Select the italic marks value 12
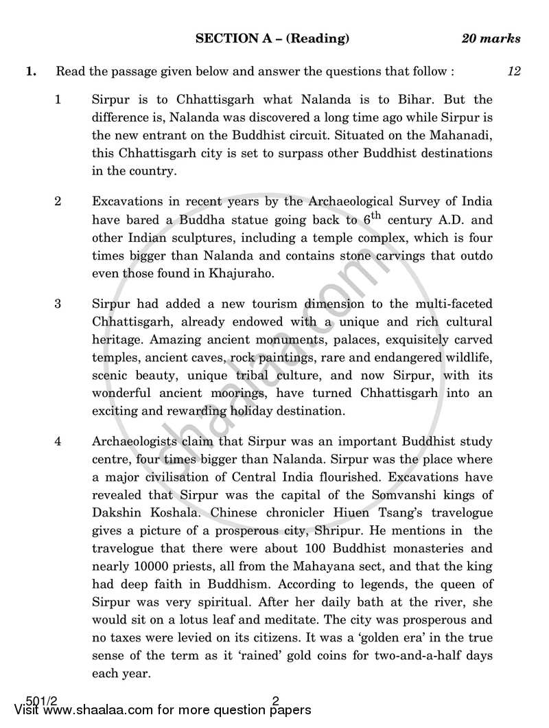(513, 71)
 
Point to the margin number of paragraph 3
(58, 304)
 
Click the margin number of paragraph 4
(58, 441)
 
